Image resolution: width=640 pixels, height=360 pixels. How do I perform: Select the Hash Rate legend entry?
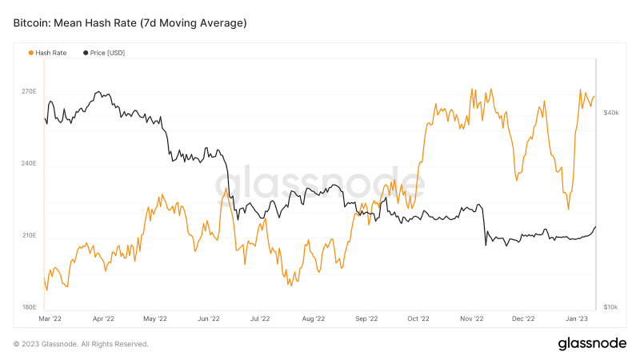(x=50, y=53)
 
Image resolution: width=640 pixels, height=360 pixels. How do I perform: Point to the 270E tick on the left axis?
(x=28, y=92)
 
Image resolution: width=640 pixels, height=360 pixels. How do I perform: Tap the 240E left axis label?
(x=28, y=164)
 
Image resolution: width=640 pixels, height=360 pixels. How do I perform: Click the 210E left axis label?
(x=28, y=236)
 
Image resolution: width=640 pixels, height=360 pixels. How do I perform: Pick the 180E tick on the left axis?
(x=28, y=307)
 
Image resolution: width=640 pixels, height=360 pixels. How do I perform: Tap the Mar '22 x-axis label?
(x=50, y=318)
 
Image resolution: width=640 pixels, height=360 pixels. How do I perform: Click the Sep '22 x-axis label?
(x=366, y=318)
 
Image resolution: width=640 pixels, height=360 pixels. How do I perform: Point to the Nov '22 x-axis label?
(x=472, y=318)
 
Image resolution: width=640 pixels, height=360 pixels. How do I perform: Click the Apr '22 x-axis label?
(x=104, y=318)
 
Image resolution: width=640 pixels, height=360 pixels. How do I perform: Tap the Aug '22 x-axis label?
(x=313, y=318)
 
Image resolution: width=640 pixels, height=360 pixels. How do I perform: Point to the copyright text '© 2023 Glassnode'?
(x=81, y=344)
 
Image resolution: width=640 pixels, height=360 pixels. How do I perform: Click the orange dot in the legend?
(x=31, y=53)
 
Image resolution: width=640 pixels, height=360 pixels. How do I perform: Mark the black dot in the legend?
(x=86, y=53)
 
